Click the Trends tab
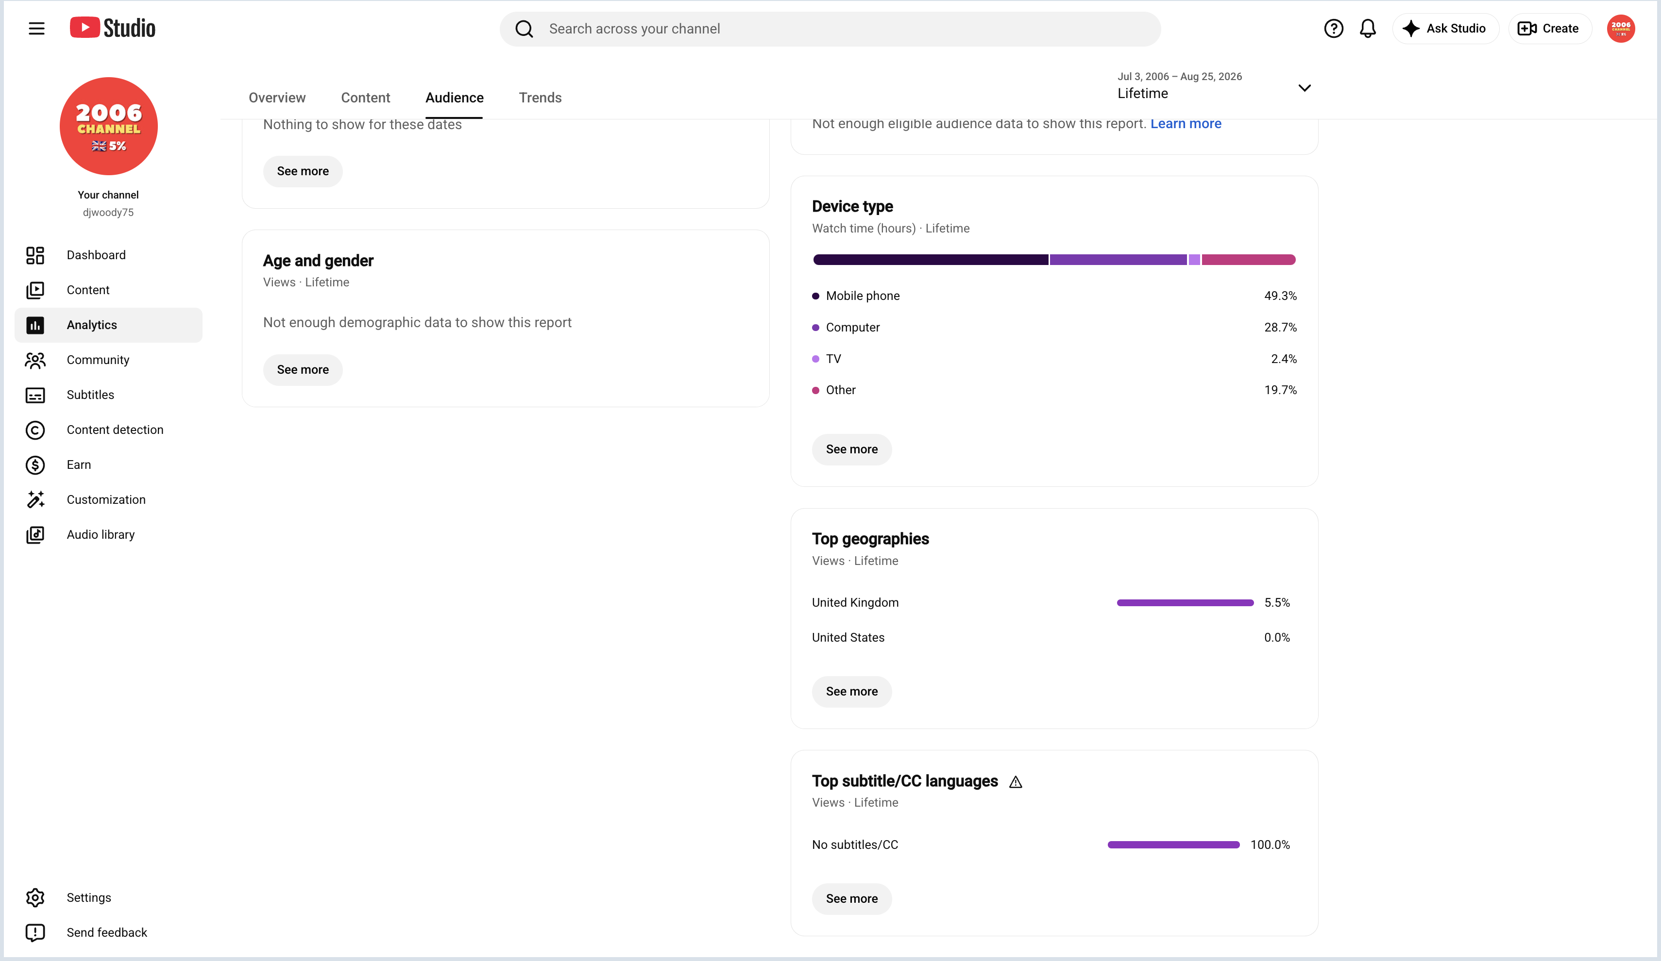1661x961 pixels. [x=540, y=98]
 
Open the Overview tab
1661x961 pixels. [x=277, y=98]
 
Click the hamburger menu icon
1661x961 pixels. [x=37, y=28]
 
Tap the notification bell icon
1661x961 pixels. [x=1368, y=28]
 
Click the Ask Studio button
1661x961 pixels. [x=1445, y=28]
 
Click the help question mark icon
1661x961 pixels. [x=1334, y=28]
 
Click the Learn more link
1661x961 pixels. [x=1186, y=124]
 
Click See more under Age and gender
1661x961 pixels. [x=303, y=369]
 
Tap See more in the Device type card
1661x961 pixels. [x=851, y=449]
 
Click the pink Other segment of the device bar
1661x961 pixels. [x=1248, y=260]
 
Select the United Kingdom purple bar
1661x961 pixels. [x=1185, y=603]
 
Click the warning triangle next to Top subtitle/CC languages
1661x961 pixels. [x=1016, y=782]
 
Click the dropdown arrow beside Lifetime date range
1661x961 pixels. [x=1305, y=87]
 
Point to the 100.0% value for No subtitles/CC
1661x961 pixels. [x=1270, y=845]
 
